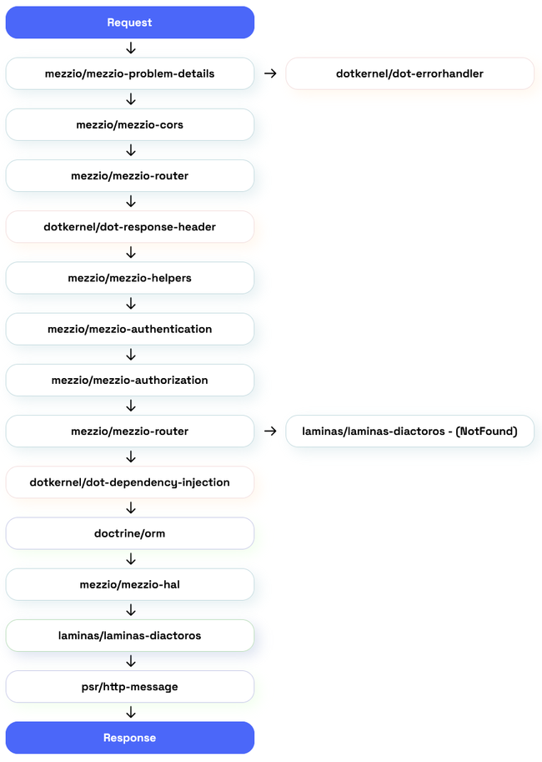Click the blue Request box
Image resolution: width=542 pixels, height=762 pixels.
129,23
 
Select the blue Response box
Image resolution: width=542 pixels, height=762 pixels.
129,738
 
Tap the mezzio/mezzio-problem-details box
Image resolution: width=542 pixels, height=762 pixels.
129,73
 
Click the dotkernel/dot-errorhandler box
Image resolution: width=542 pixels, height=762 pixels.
409,73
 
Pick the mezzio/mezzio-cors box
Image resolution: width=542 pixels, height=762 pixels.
129,124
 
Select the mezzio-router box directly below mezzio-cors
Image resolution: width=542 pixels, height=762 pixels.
129,175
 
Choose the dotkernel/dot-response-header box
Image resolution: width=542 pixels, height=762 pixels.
129,227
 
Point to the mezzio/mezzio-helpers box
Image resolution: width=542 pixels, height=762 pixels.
129,278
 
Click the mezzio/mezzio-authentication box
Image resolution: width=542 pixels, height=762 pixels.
129,329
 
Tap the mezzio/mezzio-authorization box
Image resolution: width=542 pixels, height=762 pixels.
129,380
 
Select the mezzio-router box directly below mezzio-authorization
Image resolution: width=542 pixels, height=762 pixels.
129,431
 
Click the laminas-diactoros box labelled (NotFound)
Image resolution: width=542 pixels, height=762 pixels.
409,431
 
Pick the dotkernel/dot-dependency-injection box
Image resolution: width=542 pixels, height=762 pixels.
129,482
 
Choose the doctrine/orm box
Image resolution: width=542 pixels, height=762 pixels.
129,533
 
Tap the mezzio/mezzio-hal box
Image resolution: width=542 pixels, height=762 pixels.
129,584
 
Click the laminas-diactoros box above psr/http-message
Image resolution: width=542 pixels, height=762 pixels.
129,635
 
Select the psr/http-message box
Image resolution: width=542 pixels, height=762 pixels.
129,687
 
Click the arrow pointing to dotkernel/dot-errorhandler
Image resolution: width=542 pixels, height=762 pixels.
270,73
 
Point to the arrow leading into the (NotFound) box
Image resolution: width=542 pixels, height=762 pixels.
270,431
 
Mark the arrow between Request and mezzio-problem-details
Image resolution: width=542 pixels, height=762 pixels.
130,48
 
